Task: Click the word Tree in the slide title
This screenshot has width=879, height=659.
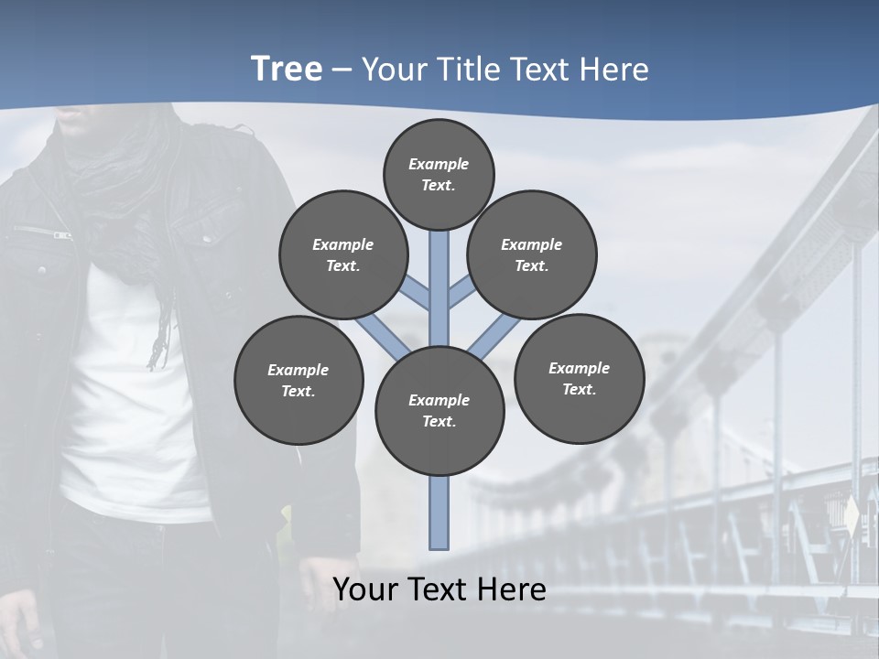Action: (286, 70)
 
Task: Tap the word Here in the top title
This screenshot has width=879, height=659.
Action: (613, 70)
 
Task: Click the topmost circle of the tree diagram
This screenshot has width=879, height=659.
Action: (439, 174)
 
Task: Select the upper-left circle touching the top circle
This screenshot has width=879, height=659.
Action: (342, 254)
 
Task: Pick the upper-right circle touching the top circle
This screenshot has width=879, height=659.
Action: (532, 254)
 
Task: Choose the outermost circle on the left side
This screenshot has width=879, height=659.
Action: (298, 380)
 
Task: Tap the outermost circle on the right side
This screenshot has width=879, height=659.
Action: (579, 378)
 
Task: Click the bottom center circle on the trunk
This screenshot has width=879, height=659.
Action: (439, 410)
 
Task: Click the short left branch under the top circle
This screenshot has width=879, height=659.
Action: (417, 295)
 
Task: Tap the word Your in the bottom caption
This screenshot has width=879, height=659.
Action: (364, 589)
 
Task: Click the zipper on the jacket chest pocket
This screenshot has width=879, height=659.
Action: (55, 234)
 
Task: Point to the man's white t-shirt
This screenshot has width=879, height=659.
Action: (137, 412)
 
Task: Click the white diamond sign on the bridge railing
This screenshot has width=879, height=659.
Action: (852, 518)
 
